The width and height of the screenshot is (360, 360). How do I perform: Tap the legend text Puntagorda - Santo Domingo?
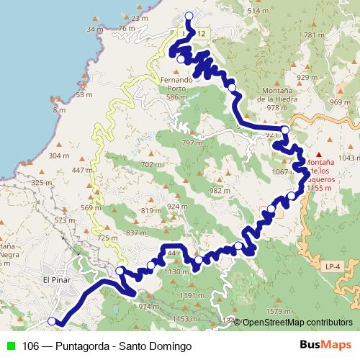[x=107, y=346]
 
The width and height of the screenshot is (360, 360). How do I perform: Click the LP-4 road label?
[x=332, y=266]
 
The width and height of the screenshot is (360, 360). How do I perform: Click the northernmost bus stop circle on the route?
[x=189, y=16]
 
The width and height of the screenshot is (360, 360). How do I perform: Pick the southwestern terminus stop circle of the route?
[x=51, y=321]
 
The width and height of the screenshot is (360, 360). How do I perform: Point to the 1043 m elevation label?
[x=348, y=157]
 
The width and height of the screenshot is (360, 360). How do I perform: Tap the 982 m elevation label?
[x=219, y=190]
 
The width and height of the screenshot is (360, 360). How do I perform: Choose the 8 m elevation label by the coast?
[x=58, y=110]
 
